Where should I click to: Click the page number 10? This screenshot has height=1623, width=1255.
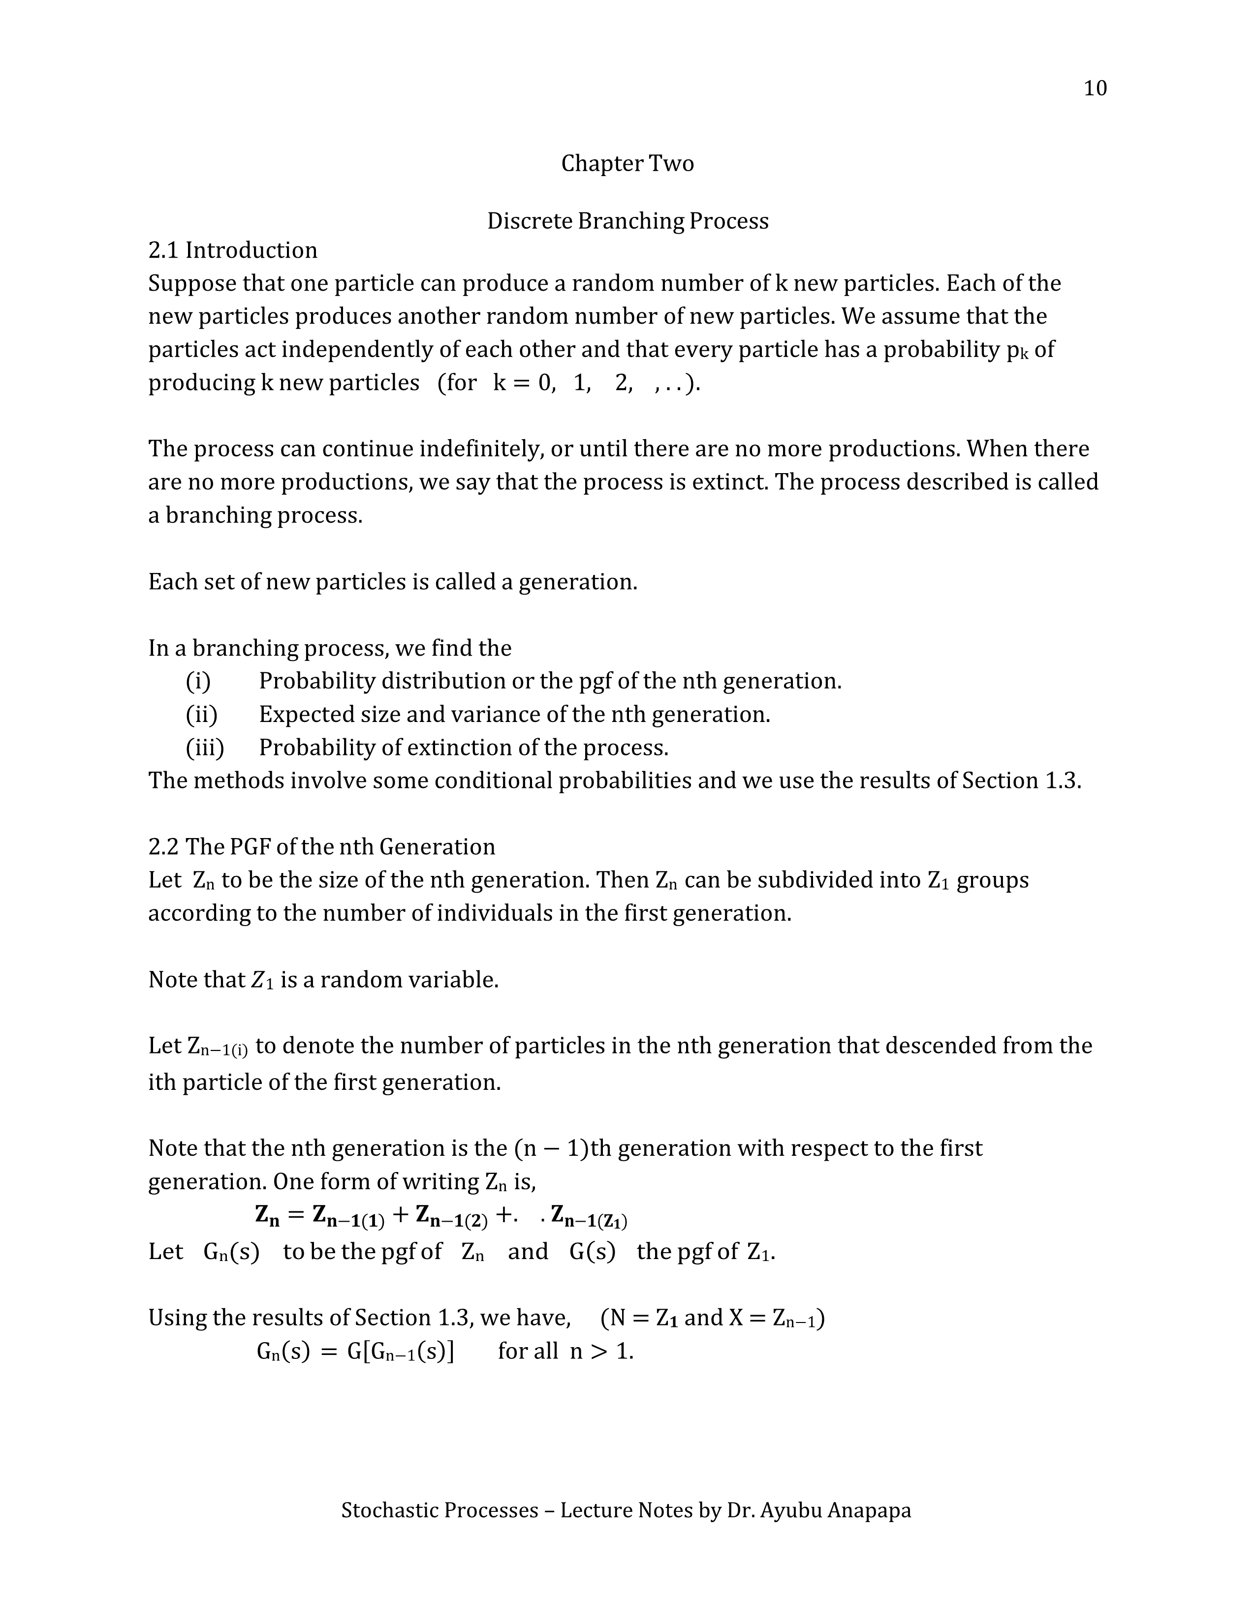pos(1095,89)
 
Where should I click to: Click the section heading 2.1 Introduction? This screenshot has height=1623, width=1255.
pos(233,250)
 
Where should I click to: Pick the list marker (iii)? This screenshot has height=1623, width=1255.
pos(204,748)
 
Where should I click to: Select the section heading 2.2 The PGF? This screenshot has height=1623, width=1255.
pos(321,847)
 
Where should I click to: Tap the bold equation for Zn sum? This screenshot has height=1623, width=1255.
pos(441,1216)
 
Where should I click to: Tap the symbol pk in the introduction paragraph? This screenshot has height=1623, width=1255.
pos(1016,351)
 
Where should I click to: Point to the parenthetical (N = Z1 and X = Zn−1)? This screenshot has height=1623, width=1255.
pos(712,1318)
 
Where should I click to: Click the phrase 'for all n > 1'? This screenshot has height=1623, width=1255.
pos(565,1351)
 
